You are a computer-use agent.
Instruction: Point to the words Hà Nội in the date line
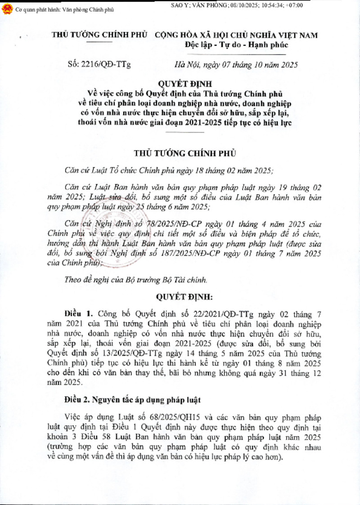(x=185, y=65)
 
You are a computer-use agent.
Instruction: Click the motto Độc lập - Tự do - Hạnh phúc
(x=236, y=45)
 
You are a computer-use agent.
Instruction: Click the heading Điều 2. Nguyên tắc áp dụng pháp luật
(x=130, y=399)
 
